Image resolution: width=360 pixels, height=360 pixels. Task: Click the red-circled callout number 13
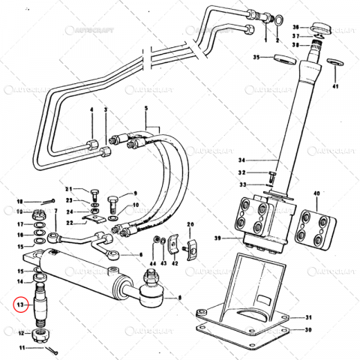[22, 304]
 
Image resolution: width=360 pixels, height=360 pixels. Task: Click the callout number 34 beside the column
[242, 160]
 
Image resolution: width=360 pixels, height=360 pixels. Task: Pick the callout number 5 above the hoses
[146, 109]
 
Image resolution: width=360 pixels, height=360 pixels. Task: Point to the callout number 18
[20, 201]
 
